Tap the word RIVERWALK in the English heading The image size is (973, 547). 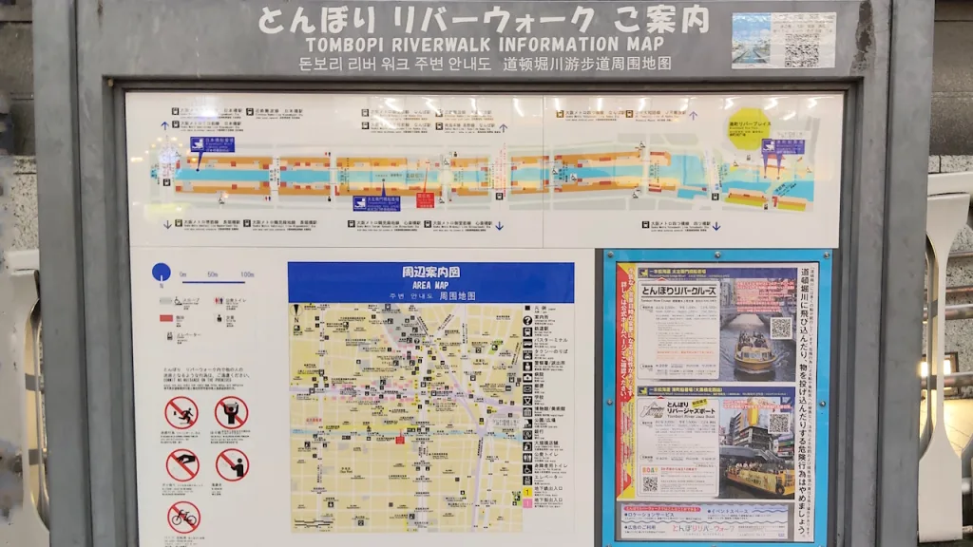444,45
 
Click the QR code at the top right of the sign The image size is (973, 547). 801,40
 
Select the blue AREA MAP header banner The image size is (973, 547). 430,282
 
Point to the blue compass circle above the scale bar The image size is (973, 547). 162,273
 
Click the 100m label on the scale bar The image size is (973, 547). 246,274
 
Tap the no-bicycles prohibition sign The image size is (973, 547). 183,516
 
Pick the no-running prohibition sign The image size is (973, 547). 181,413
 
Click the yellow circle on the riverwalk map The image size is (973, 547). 749,129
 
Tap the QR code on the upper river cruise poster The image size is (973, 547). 780,328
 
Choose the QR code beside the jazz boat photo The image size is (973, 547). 778,424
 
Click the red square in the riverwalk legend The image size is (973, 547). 165,316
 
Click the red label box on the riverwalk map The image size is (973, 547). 425,199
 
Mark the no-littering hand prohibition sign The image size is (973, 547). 182,464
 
